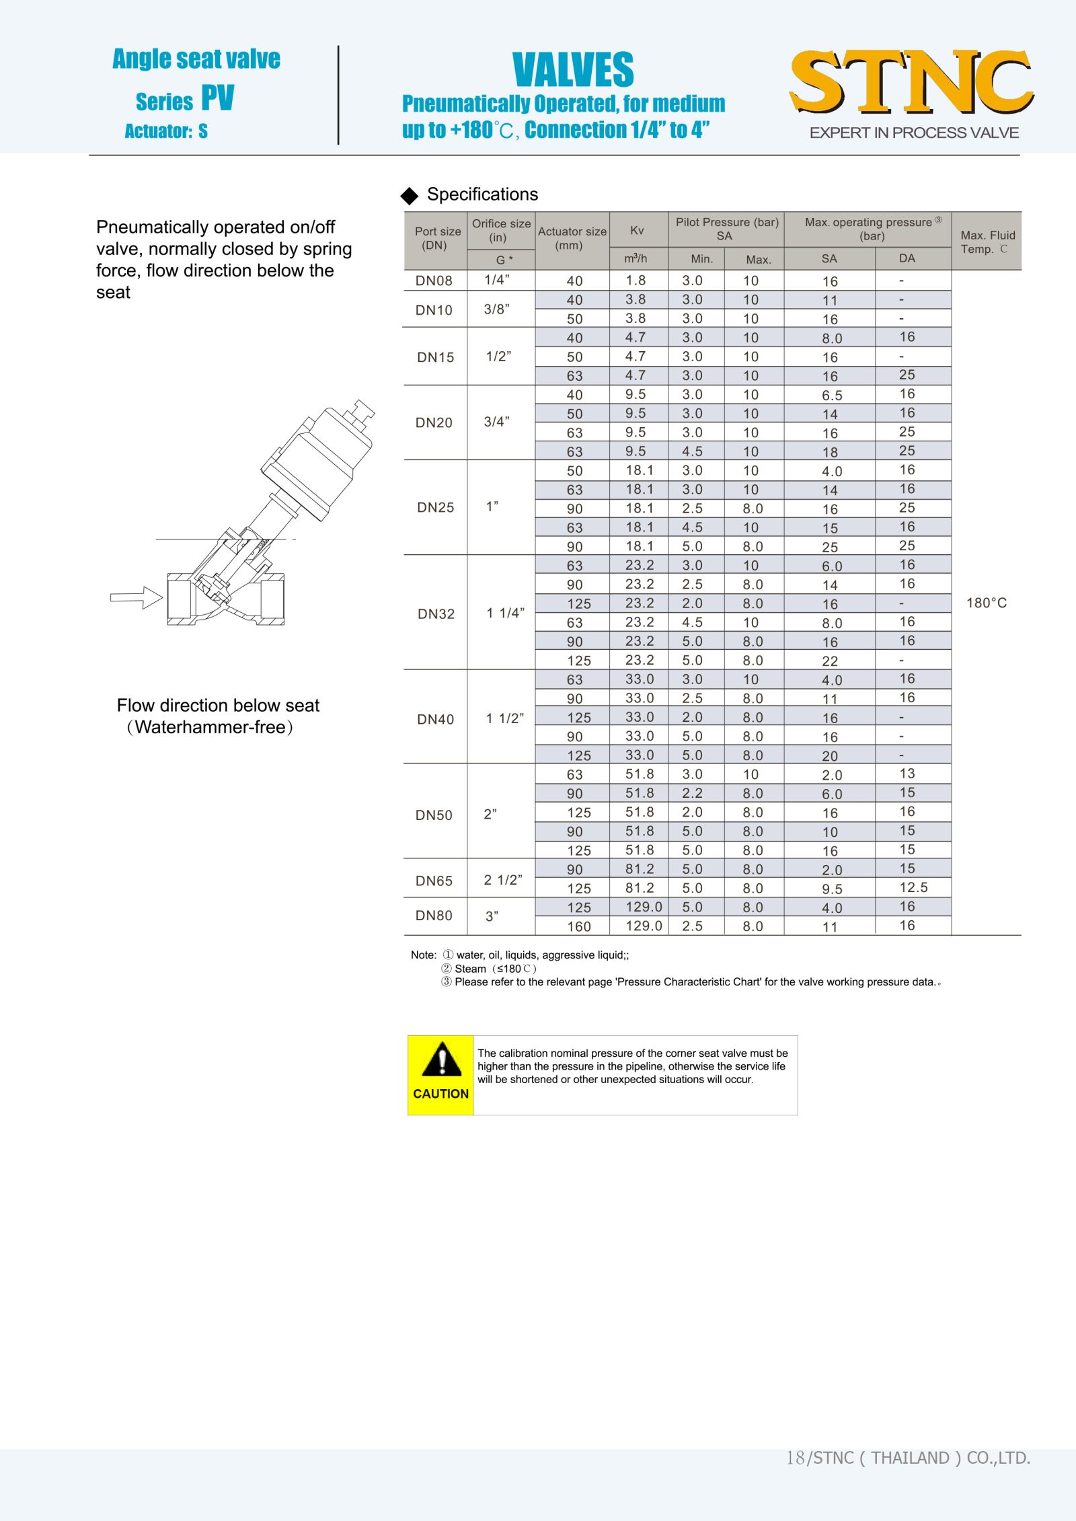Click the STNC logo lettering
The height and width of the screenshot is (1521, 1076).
tap(911, 81)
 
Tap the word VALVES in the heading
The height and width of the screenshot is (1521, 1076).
tap(573, 70)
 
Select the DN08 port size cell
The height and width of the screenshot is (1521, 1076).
tap(434, 281)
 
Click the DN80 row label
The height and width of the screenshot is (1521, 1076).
tap(434, 916)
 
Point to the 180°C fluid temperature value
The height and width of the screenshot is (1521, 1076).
tap(987, 603)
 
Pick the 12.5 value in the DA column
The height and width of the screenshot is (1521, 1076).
tap(913, 887)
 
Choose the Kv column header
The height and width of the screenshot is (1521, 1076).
tap(637, 231)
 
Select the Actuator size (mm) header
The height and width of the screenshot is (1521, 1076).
tap(572, 238)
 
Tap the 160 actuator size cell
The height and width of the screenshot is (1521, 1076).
tap(578, 926)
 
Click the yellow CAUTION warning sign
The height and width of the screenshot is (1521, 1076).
tap(440, 1075)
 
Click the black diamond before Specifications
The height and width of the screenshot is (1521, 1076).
tap(409, 196)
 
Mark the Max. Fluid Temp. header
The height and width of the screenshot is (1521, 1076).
tap(987, 242)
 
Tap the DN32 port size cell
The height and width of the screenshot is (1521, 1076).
tap(436, 614)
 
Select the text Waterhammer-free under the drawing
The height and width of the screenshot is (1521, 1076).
tap(210, 727)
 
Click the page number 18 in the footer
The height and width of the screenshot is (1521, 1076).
tap(795, 1458)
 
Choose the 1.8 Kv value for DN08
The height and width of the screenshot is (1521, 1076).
tap(636, 281)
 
